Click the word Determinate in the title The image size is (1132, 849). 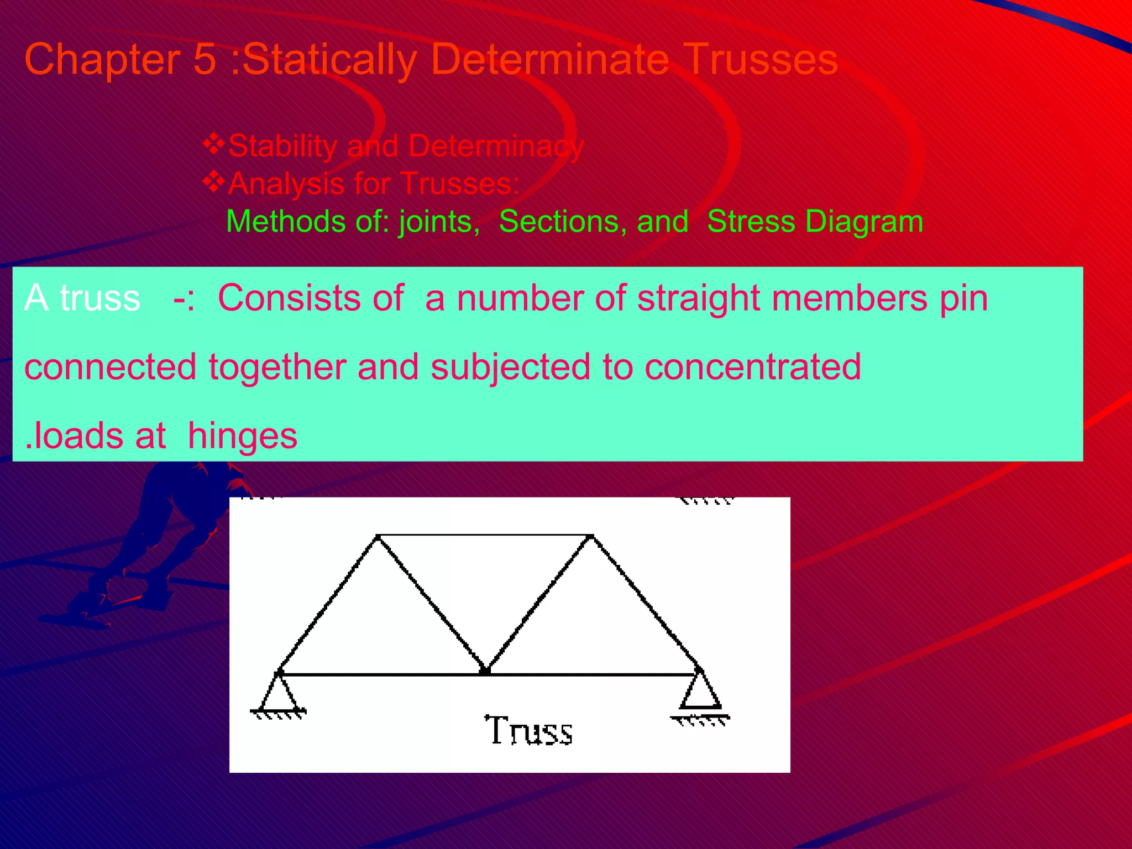coord(550,60)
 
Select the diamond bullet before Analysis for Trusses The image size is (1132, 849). coord(213,182)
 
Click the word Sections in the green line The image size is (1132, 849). coord(562,222)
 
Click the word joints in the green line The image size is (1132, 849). coord(438,222)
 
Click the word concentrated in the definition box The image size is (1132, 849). coord(752,367)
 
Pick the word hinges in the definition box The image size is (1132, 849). coord(243,436)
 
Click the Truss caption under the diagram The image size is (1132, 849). coord(528,731)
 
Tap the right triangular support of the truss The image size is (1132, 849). coord(700,691)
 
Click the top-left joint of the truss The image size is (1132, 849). coord(378,536)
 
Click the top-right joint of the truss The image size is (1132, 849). coord(591,536)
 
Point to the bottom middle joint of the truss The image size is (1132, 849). coord(485,672)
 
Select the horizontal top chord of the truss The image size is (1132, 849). coord(484,535)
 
